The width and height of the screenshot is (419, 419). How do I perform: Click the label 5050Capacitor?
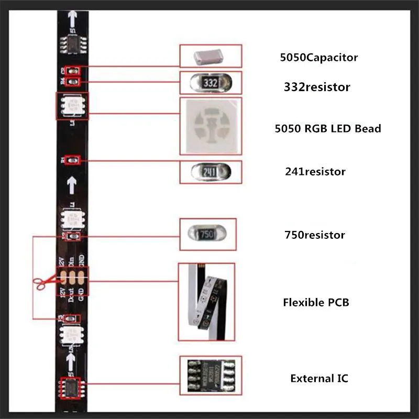click(x=318, y=58)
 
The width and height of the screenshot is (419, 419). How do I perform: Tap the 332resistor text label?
click(x=313, y=87)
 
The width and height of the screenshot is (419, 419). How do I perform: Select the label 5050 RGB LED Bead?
click(x=327, y=128)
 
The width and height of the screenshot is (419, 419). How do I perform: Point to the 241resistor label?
click(x=315, y=171)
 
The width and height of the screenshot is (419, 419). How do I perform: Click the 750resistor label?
click(x=314, y=235)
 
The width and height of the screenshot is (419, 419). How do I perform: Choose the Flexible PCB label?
click(x=316, y=302)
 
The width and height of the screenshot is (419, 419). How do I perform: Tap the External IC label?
click(x=319, y=378)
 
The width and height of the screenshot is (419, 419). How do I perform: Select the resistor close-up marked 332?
click(x=211, y=83)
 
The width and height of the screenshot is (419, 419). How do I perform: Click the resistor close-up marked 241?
click(x=211, y=172)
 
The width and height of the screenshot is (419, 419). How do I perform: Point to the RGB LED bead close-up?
click(x=211, y=126)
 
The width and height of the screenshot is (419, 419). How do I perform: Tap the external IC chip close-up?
click(x=211, y=376)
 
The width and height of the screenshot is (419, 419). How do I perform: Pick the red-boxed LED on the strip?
click(x=72, y=105)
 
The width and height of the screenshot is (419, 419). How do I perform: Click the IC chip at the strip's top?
click(x=72, y=43)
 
